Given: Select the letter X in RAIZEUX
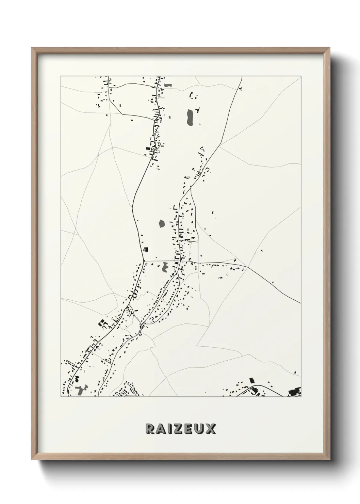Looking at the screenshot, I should point(211,429).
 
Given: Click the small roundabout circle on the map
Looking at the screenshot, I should point(144,261).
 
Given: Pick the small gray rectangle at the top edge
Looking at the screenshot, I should point(168,85).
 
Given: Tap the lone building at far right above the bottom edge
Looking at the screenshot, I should point(295,373).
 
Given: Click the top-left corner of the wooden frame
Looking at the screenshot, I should point(32,48).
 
